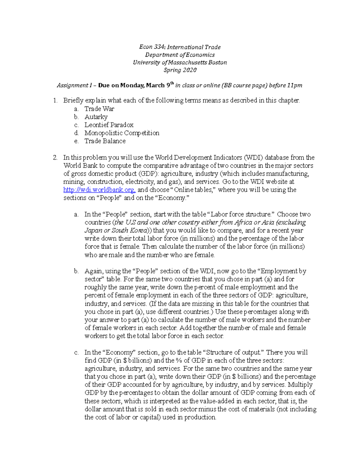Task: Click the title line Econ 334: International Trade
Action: coord(180,47)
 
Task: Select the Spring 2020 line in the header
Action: coord(180,70)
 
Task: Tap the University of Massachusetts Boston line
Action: coord(180,62)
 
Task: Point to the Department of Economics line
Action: coord(180,55)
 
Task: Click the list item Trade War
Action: coord(99,109)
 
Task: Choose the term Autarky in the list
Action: coord(96,117)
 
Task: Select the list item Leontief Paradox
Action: coord(109,125)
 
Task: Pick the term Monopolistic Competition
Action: coord(121,133)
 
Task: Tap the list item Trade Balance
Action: coord(105,141)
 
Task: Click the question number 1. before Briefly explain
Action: coord(55,101)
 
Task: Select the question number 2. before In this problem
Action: coord(55,158)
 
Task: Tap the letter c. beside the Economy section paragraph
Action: coord(76,353)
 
